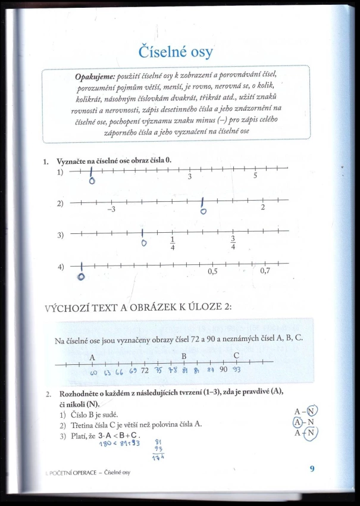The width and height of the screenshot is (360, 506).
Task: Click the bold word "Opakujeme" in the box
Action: [x=95, y=77]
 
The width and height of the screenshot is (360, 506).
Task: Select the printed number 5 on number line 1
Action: [x=255, y=176]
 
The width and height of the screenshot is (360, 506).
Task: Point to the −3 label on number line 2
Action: [x=111, y=210]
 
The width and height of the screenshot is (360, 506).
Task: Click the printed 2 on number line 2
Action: [x=262, y=207]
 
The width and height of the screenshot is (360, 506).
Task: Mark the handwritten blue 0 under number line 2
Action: [x=204, y=211]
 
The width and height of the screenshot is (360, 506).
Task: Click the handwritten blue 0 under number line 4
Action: [x=82, y=276]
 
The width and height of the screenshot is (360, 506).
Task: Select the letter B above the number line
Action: [x=184, y=356]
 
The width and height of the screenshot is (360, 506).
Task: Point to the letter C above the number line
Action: [x=236, y=355]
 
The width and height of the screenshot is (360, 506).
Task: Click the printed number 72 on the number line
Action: [x=144, y=371]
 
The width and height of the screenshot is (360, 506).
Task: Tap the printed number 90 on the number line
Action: [x=224, y=370]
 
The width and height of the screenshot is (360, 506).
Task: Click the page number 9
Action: [x=312, y=468]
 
